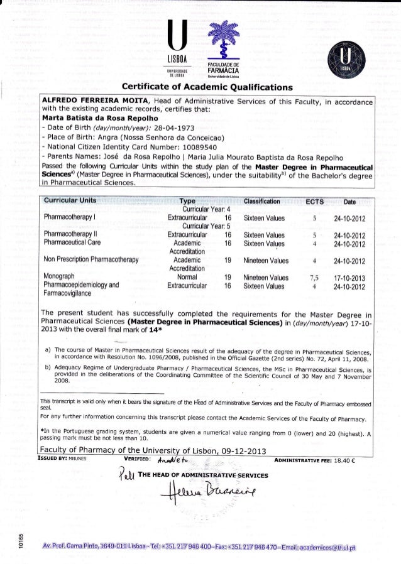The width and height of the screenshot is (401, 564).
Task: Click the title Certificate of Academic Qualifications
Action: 200,86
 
